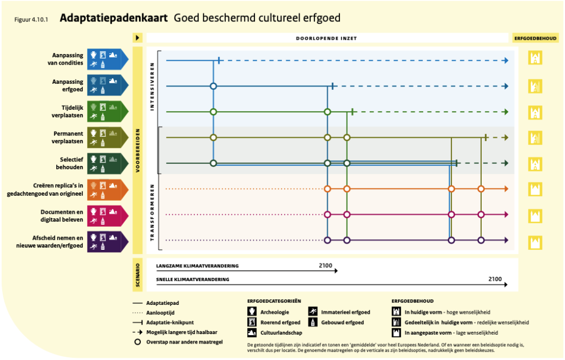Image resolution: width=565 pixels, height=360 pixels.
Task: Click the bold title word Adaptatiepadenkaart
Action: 114,18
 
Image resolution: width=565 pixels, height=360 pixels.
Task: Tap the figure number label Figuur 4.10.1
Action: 31,19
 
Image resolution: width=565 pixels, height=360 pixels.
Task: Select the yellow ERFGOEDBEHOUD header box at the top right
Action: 535,38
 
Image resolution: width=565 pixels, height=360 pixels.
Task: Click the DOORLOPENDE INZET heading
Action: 327,38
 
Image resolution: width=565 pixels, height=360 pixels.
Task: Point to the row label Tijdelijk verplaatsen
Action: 67,111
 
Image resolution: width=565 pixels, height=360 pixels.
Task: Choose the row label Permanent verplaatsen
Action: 67,137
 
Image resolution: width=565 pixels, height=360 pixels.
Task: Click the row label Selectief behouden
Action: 70,163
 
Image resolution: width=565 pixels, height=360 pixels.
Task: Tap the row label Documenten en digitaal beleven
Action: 62,216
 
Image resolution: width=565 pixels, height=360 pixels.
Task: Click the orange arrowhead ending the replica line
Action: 507,189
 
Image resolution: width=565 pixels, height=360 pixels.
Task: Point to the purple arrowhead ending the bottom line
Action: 507,240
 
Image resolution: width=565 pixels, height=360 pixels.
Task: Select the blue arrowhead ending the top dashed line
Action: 507,61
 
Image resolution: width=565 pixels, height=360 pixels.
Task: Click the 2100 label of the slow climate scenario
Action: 326,266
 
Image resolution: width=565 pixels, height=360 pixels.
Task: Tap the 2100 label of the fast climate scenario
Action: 495,279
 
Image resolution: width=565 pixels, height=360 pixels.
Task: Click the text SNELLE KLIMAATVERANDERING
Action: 193,280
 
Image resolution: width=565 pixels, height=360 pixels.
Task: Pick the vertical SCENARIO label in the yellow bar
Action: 137,275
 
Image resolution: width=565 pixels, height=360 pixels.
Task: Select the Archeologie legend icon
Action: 252,311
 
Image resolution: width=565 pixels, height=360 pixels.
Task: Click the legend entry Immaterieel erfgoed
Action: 345,313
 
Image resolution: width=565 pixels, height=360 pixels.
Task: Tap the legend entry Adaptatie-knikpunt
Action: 170,323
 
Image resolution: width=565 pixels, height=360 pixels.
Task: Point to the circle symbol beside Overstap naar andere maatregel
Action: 137,342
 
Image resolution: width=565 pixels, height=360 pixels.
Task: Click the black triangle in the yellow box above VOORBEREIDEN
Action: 137,38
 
